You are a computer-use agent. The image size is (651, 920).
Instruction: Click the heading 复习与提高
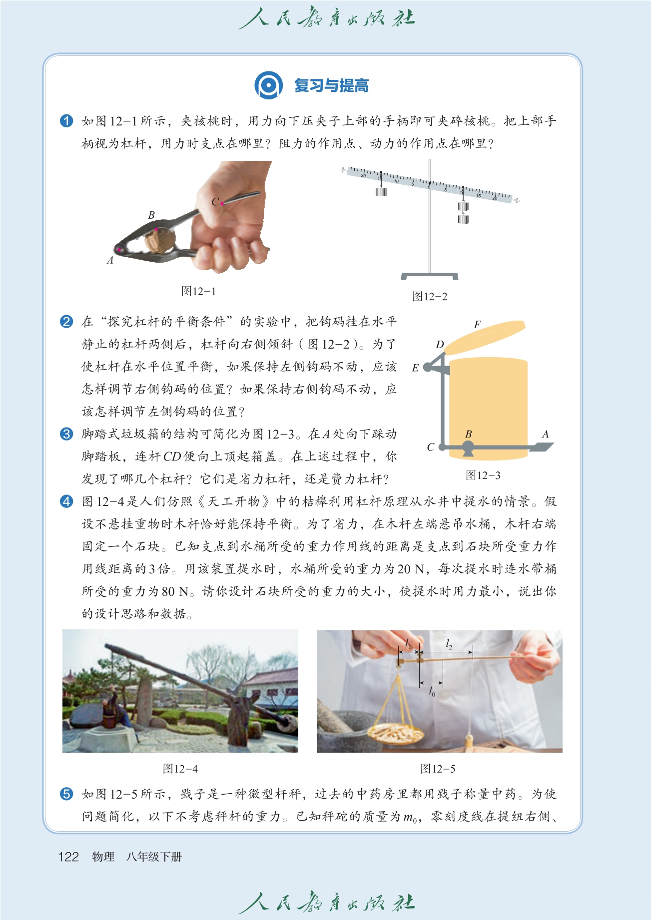[331, 85]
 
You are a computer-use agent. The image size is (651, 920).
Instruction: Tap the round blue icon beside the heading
[269, 85]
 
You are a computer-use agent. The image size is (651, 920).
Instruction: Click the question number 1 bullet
[66, 121]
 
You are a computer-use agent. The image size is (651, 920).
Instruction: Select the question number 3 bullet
[66, 434]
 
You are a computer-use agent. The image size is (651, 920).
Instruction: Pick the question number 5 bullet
[66, 794]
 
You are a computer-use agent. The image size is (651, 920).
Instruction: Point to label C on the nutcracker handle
[215, 202]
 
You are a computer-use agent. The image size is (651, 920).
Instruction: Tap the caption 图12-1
[199, 291]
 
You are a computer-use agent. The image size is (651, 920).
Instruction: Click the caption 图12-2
[430, 296]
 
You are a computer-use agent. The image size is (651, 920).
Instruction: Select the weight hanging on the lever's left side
[381, 191]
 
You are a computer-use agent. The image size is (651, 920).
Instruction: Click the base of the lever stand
[430, 276]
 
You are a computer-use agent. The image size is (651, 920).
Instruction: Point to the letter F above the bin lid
[477, 325]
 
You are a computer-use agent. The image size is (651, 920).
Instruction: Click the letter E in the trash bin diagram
[415, 368]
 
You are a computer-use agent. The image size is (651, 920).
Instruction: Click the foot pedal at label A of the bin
[541, 447]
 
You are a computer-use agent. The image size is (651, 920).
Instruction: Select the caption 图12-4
[180, 769]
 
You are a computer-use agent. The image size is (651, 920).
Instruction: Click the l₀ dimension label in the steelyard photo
[432, 692]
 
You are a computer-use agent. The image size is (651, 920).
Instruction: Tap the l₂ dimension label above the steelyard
[449, 644]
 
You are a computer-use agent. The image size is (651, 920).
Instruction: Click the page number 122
[68, 857]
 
